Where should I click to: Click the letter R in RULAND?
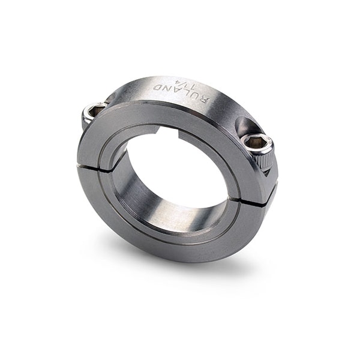point(205,101)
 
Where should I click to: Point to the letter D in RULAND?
point(157,88)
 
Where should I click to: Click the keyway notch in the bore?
point(169,130)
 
